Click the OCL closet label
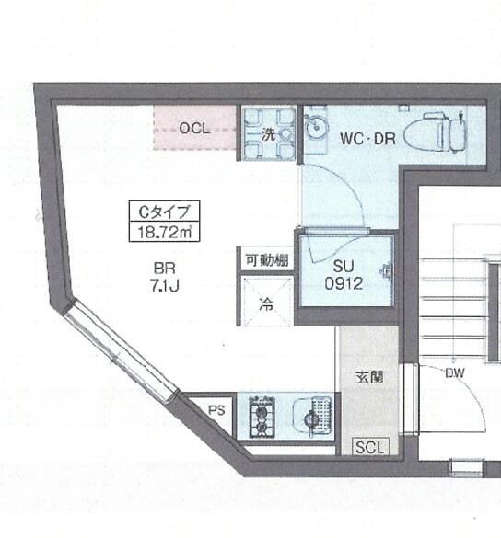pos(194,129)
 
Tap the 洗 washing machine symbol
pos(268,133)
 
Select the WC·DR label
pos(367,139)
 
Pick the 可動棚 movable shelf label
pos(266,260)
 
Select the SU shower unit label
pos(344,267)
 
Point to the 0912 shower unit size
pos(344,284)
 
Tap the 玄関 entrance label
pos(368,376)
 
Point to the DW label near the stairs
pos(455,373)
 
